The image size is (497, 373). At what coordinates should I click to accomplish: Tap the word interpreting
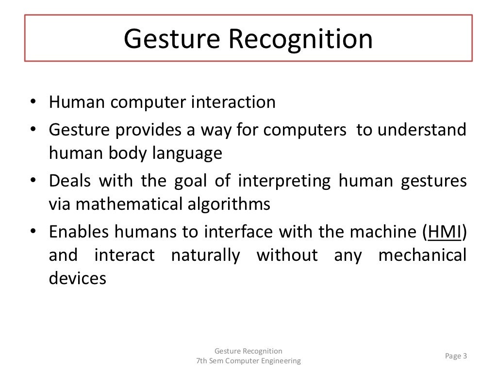(284, 181)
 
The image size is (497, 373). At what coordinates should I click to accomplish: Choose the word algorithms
(228, 204)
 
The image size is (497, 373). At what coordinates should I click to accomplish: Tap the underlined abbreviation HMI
(445, 232)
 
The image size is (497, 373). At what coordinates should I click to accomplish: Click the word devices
(77, 279)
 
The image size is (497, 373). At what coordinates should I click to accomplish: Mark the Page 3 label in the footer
(456, 356)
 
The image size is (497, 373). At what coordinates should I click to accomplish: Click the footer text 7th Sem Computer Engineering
(248, 361)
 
